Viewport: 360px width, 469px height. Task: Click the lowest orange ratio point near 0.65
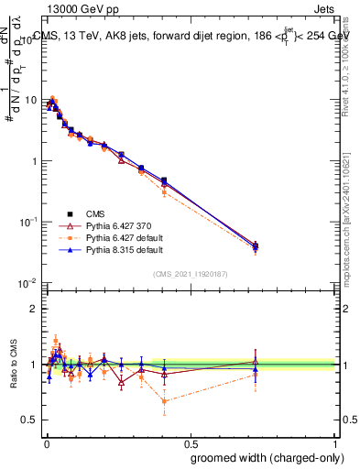pyautogui.click(x=164, y=400)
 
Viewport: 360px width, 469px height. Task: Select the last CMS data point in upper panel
pyautogui.click(x=256, y=245)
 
